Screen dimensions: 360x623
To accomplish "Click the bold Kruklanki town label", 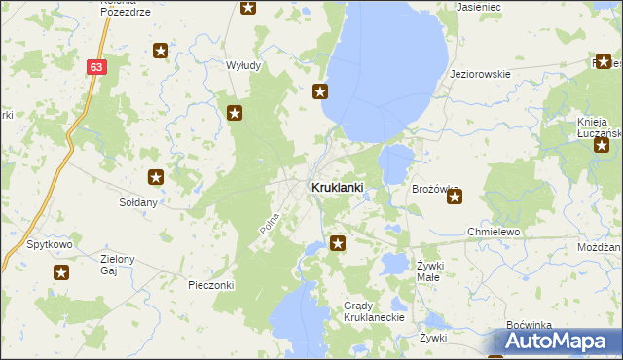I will [x=337, y=187].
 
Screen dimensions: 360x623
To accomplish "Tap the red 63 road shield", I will [x=95, y=67].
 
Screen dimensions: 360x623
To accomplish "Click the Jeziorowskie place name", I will [x=481, y=74].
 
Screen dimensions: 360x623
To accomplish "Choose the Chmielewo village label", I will [x=495, y=233].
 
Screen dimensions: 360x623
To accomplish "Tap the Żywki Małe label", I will [x=430, y=270].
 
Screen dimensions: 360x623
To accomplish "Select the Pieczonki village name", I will [x=211, y=285].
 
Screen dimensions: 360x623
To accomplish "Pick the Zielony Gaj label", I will [x=117, y=265].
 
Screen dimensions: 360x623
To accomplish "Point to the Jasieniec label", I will [x=478, y=6].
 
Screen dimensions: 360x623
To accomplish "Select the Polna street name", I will [x=270, y=222].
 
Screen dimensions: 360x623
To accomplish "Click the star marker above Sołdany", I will [x=156, y=177].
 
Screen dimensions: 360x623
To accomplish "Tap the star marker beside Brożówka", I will [x=455, y=198].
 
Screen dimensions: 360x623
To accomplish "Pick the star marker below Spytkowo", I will [x=61, y=273].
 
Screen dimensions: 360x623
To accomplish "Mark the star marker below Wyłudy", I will [x=235, y=114].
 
